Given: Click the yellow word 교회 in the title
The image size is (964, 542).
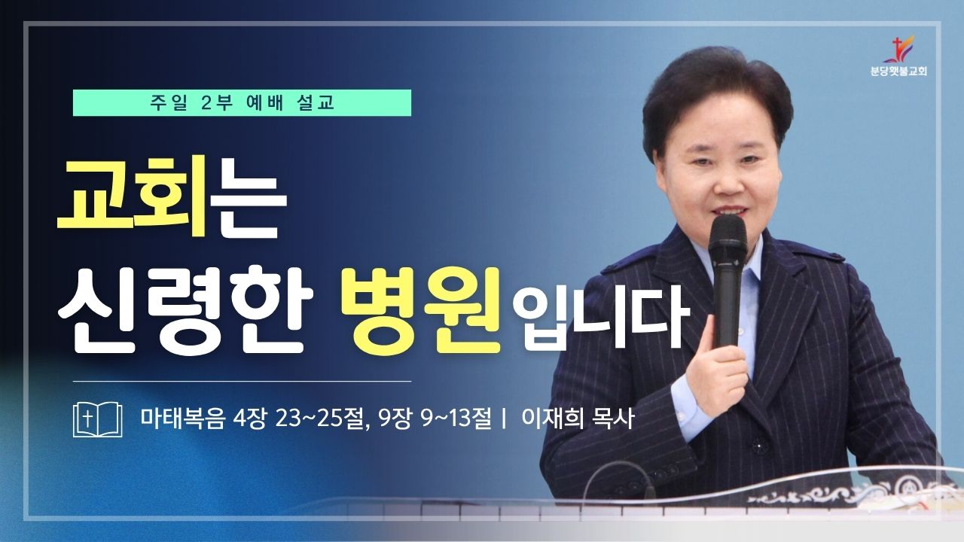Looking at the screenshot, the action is point(132,199).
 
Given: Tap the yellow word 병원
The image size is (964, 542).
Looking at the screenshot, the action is point(421,310).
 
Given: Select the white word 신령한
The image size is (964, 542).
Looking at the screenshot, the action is point(185,311).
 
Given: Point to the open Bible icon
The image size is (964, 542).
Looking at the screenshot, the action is point(97,419).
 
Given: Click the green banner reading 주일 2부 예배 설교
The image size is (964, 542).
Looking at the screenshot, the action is point(242,103).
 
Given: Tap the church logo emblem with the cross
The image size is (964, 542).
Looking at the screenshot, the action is point(898,49).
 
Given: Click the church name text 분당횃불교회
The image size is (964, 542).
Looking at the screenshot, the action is point(898,72).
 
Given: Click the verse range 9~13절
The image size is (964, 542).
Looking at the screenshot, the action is point(456,418).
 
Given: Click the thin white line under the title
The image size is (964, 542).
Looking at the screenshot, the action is point(242,382).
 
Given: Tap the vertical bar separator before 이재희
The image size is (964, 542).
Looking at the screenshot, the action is point(504,419).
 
